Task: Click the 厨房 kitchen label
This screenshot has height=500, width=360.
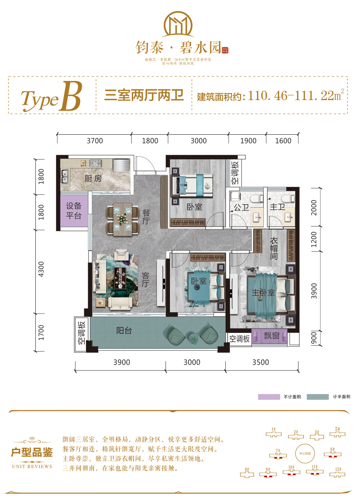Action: pos(93,178)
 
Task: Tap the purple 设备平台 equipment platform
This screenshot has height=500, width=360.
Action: pos(74,211)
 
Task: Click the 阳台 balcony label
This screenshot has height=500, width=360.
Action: pos(124,330)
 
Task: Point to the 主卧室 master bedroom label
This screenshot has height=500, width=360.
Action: pos(263,293)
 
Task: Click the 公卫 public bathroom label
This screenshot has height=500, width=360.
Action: pos(241,207)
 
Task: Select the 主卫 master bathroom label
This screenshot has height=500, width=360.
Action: pos(277,207)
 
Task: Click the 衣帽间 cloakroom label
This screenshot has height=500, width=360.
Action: pos(274,249)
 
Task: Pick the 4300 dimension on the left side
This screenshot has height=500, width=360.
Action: pos(41,269)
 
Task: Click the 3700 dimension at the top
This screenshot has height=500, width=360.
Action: pos(95,141)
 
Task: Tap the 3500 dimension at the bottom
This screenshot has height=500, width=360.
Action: pos(260,362)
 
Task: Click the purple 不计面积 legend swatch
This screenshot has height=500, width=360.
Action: pos(269,397)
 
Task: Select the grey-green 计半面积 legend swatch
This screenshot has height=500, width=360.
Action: pos(318,397)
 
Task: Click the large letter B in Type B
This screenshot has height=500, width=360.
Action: pos(71,96)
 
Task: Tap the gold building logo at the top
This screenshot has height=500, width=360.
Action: pos(178,24)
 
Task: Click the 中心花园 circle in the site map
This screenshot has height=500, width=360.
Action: pos(305,454)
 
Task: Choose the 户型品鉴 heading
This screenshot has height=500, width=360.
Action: pos(32,452)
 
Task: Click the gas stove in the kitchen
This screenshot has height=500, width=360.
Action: pos(95,163)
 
